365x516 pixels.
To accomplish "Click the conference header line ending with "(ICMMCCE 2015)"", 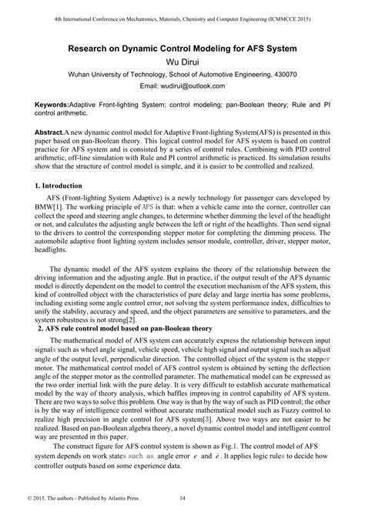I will (182, 17).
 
